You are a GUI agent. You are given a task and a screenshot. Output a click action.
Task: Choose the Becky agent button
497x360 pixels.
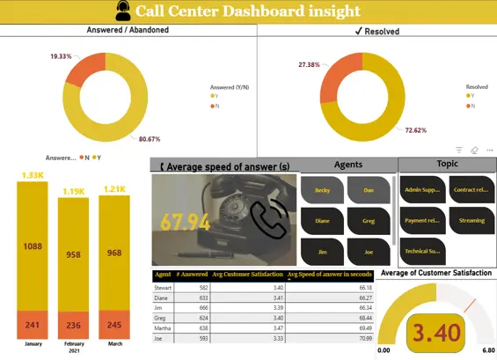point(323,189)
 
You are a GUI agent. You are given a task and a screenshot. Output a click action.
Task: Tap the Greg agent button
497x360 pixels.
point(368,220)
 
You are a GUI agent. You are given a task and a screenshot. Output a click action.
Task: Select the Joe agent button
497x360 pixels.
point(368,251)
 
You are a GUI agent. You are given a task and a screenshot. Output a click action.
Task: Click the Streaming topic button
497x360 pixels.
point(471,220)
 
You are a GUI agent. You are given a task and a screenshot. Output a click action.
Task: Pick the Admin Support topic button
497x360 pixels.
point(421,189)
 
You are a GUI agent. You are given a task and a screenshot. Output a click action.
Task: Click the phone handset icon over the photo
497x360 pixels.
point(268,220)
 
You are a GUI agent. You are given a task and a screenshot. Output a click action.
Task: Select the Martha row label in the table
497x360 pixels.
point(164,327)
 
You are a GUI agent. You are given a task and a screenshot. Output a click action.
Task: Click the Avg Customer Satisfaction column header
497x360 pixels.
point(247,275)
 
